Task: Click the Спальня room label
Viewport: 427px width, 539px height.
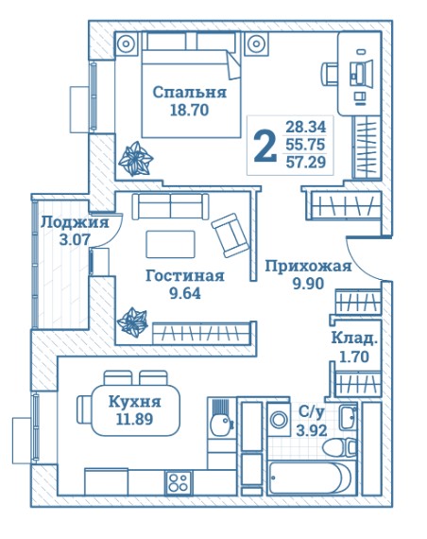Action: point(189,93)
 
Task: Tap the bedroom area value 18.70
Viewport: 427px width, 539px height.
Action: point(190,111)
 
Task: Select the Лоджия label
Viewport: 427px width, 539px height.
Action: point(75,223)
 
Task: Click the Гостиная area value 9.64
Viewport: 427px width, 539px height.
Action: point(185,293)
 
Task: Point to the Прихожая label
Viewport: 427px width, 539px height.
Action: point(309,267)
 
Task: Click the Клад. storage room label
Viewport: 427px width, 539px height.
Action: point(354,339)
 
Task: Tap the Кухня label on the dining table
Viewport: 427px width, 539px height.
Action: point(135,402)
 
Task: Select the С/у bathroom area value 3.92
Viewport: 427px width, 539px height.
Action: point(312,430)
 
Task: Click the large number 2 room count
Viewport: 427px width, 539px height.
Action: point(265,147)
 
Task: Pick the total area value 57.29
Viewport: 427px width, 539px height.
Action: point(306,162)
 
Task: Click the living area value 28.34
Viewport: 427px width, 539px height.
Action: point(306,127)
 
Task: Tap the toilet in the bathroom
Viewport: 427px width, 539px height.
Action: point(339,447)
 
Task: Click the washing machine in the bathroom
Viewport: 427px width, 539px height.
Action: point(279,419)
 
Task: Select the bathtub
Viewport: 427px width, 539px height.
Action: point(309,478)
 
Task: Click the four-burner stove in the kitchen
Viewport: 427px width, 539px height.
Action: point(178,482)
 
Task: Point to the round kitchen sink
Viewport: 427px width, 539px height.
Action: point(220,426)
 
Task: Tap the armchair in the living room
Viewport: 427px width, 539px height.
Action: point(231,235)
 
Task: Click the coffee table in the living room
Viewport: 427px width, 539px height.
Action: point(170,244)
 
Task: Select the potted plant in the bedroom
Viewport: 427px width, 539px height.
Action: point(135,159)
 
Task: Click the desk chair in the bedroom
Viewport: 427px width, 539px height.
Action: point(329,74)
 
